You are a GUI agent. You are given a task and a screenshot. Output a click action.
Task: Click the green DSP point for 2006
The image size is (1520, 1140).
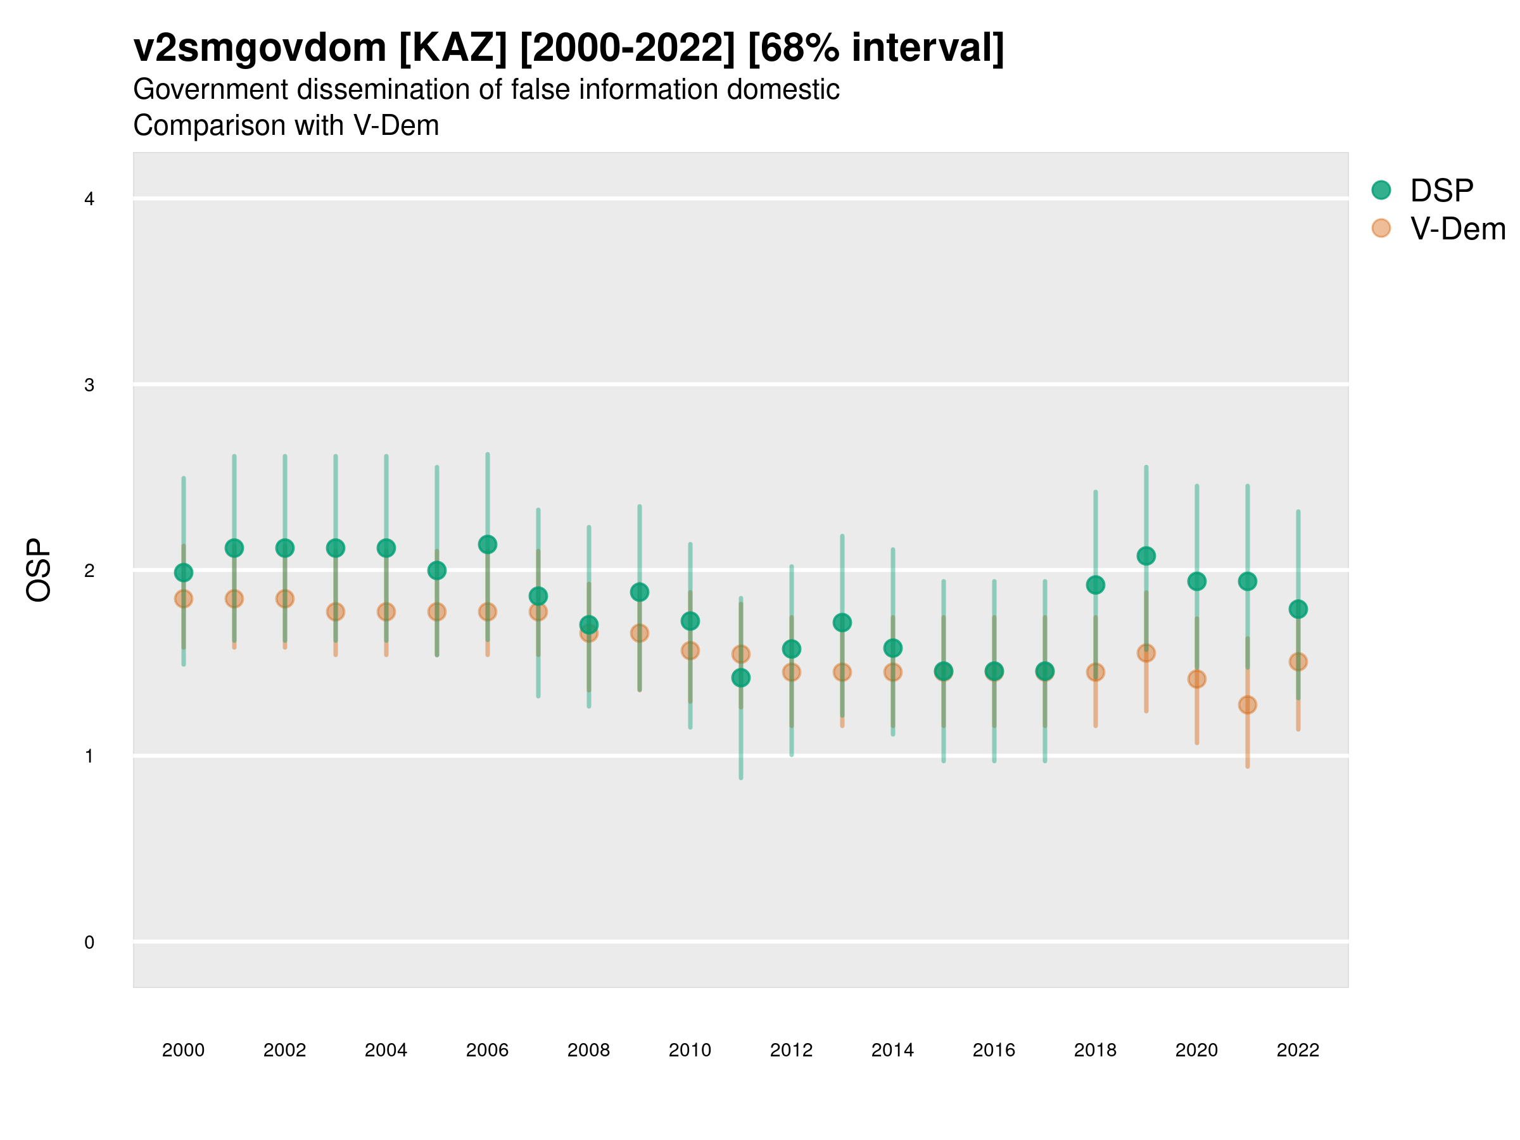point(487,544)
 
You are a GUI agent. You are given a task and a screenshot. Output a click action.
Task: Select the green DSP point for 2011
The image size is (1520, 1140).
point(741,678)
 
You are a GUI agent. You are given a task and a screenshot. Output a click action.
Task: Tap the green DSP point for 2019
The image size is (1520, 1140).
point(1146,556)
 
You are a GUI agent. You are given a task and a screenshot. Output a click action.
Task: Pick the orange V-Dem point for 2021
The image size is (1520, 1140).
point(1247,704)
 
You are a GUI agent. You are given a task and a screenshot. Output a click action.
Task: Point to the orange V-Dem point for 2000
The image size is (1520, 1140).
point(184,598)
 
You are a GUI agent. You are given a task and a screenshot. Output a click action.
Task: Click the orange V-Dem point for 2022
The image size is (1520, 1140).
point(1298,662)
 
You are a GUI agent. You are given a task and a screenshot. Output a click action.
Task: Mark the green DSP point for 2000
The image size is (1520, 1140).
point(184,573)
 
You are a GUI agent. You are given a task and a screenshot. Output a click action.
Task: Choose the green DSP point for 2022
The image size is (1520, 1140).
point(1298,609)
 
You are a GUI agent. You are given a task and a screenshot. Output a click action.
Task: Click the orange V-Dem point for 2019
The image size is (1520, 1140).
point(1146,653)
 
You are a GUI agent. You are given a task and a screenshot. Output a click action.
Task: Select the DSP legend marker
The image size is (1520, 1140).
point(1381,189)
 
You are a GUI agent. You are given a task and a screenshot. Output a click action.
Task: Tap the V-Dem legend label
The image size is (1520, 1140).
point(1457,229)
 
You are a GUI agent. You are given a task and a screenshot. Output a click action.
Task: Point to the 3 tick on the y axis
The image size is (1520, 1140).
point(89,385)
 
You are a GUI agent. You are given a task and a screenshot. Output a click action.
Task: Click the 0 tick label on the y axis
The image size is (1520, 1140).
point(89,942)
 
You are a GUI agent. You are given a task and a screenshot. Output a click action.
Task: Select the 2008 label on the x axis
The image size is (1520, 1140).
point(588,1050)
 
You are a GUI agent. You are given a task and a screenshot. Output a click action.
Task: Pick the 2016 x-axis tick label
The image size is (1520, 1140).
point(994,1050)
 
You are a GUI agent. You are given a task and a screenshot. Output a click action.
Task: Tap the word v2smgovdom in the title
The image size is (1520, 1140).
point(260,48)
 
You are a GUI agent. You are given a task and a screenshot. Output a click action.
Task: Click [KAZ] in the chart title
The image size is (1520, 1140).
point(453,48)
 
